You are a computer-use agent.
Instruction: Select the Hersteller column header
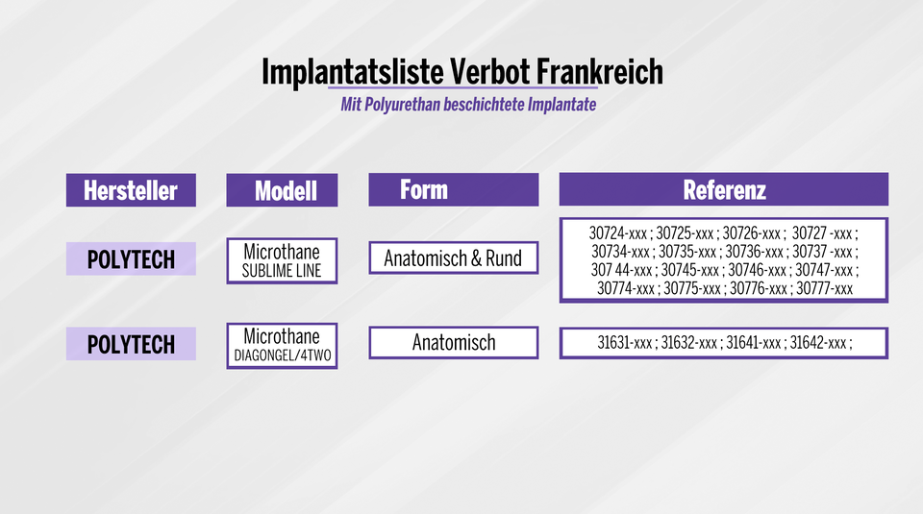pyautogui.click(x=131, y=190)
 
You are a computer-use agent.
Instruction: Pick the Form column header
pyautogui.click(x=424, y=188)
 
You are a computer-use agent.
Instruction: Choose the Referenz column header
pyautogui.click(x=724, y=189)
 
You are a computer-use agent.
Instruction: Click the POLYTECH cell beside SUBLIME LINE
pyautogui.click(x=131, y=259)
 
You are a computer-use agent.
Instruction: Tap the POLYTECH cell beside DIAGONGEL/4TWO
pyautogui.click(x=131, y=344)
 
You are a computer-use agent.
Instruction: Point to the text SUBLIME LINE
pyautogui.click(x=282, y=270)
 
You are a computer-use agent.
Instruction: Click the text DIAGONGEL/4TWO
pyautogui.click(x=282, y=355)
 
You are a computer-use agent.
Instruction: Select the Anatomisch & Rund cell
pyautogui.click(x=453, y=258)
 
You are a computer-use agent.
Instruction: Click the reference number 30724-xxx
pyautogui.click(x=619, y=233)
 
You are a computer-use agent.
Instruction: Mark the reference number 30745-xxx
pyautogui.click(x=690, y=269)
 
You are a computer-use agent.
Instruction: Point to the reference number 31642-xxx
pyautogui.click(x=818, y=343)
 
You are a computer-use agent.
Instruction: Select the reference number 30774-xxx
pyautogui.click(x=626, y=288)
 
